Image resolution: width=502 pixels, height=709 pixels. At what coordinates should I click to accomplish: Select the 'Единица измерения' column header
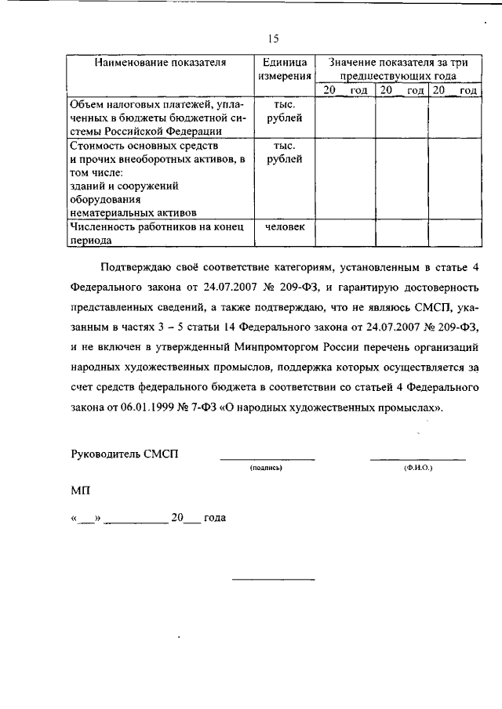[283, 69]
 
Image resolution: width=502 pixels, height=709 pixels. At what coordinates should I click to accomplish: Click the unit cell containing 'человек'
[283, 227]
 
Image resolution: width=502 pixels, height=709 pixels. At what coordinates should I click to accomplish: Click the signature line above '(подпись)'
[267, 458]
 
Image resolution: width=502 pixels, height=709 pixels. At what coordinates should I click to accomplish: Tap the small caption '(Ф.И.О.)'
[417, 467]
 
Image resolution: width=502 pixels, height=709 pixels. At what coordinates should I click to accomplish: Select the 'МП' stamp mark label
[80, 490]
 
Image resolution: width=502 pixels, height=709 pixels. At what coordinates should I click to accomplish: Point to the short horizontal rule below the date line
[272, 579]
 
